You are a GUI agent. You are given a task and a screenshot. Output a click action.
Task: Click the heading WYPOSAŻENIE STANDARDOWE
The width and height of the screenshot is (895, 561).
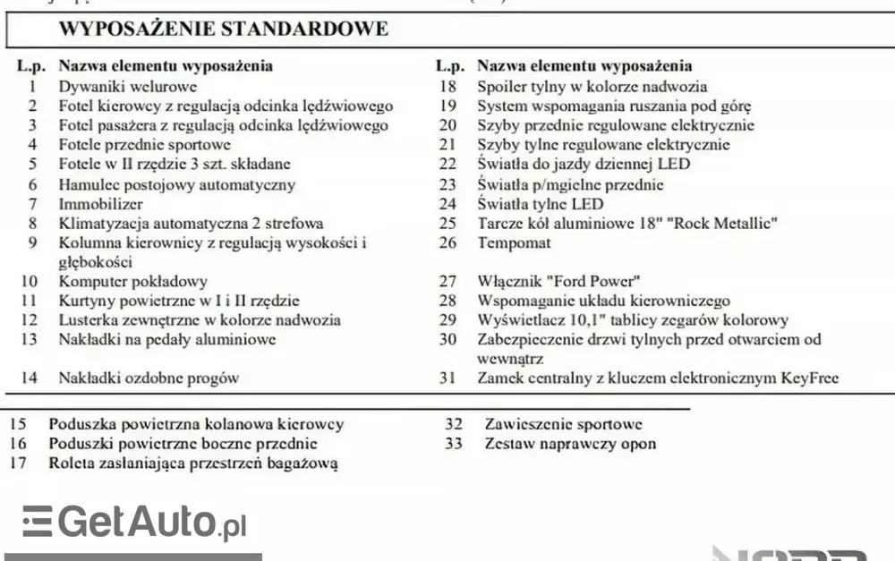223,29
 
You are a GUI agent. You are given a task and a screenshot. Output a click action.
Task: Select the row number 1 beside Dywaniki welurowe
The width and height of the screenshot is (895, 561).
32,87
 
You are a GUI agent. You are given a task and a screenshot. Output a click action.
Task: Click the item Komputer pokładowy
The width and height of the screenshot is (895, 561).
132,281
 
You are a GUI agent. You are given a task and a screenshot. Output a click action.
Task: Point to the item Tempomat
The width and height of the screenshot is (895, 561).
514,242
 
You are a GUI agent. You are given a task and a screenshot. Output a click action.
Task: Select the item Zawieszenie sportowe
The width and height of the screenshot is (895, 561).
563,424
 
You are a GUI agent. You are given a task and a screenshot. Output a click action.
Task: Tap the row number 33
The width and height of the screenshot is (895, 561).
454,444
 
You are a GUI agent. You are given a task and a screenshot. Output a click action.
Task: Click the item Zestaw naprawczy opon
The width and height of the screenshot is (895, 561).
570,444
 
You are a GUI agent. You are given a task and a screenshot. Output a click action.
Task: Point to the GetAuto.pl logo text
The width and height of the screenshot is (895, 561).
152,522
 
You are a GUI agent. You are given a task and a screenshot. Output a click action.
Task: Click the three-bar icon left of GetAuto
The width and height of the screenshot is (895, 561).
38,521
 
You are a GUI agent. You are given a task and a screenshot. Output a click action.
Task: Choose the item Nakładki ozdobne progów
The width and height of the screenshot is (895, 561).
149,378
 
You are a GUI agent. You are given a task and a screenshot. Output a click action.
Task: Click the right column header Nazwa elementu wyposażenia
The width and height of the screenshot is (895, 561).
584,66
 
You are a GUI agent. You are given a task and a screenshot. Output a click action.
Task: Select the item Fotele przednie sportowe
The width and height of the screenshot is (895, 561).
144,145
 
